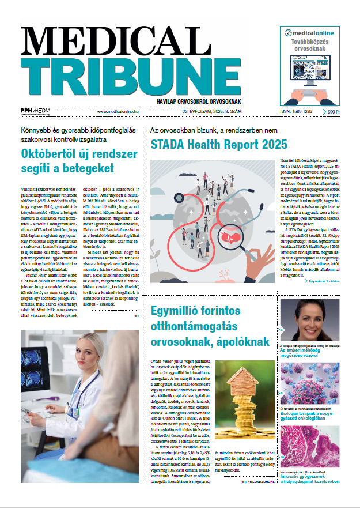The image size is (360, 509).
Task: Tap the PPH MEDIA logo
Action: [35, 111]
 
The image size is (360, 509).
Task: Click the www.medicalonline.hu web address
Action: [124, 111]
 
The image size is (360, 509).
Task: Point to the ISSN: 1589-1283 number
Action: [295, 111]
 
